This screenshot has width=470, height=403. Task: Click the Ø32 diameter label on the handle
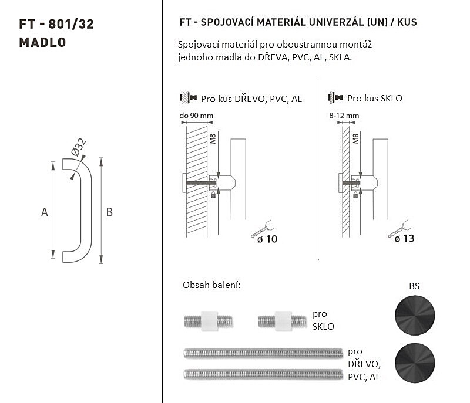tap(79, 147)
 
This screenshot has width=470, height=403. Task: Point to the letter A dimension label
tap(45, 212)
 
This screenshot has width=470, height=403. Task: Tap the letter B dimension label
tap(109, 212)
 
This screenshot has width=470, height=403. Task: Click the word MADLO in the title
tap(42, 42)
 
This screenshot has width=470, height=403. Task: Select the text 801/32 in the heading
tap(71, 24)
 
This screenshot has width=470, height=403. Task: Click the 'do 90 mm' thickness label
tap(196, 116)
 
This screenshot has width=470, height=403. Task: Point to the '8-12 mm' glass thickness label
tap(344, 116)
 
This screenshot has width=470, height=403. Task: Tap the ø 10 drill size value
tap(267, 239)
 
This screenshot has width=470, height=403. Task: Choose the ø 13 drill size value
tap(405, 238)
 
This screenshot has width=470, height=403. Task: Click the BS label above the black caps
tap(414, 286)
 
